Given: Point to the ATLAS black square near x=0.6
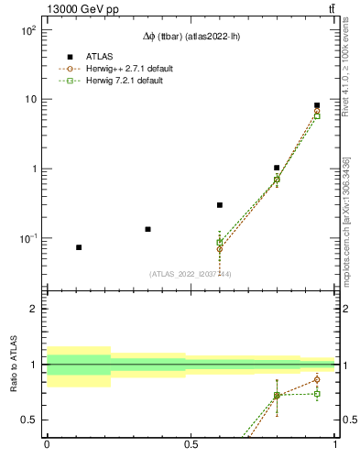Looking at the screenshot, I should pos(220,205).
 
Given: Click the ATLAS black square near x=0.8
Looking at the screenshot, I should pos(277,168).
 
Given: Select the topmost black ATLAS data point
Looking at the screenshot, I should pos(317,105).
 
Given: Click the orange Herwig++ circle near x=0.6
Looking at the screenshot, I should pos(220,249).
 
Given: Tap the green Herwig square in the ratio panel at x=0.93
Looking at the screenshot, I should pos(317,394).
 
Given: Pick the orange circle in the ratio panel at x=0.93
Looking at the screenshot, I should pos(317,379).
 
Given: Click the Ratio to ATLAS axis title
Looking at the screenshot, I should pos(12,365).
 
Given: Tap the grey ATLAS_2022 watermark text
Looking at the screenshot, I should pos(191,273).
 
